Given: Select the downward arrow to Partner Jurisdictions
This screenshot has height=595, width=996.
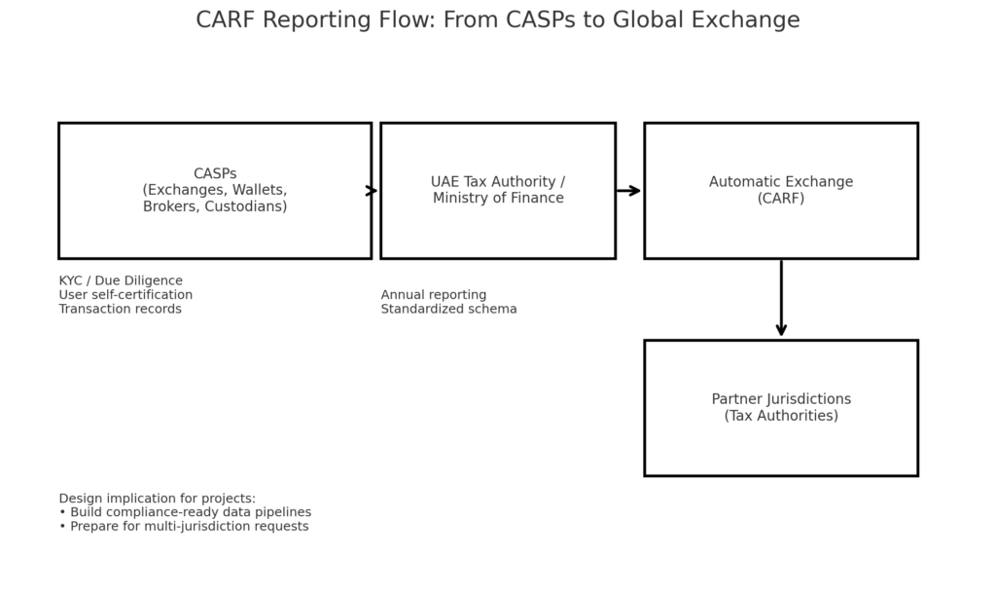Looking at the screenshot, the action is [781, 298].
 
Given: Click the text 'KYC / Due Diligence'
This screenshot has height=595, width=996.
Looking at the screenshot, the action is [121, 281].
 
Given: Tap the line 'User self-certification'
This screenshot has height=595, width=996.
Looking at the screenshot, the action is [125, 295].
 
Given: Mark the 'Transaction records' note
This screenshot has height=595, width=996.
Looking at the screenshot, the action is [120, 309].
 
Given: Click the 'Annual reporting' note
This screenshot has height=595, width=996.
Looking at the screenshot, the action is [434, 295].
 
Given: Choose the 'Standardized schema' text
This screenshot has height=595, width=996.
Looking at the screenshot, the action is [449, 309].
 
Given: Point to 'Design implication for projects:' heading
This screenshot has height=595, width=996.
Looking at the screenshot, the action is [157, 499].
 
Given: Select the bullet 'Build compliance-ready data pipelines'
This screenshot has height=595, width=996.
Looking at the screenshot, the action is [185, 512].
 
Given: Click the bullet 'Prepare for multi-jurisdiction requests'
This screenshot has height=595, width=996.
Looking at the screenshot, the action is [184, 526].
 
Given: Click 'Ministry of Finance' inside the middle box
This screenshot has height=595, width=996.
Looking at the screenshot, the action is [498, 199].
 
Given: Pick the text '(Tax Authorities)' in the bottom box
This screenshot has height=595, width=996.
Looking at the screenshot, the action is [781, 416].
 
